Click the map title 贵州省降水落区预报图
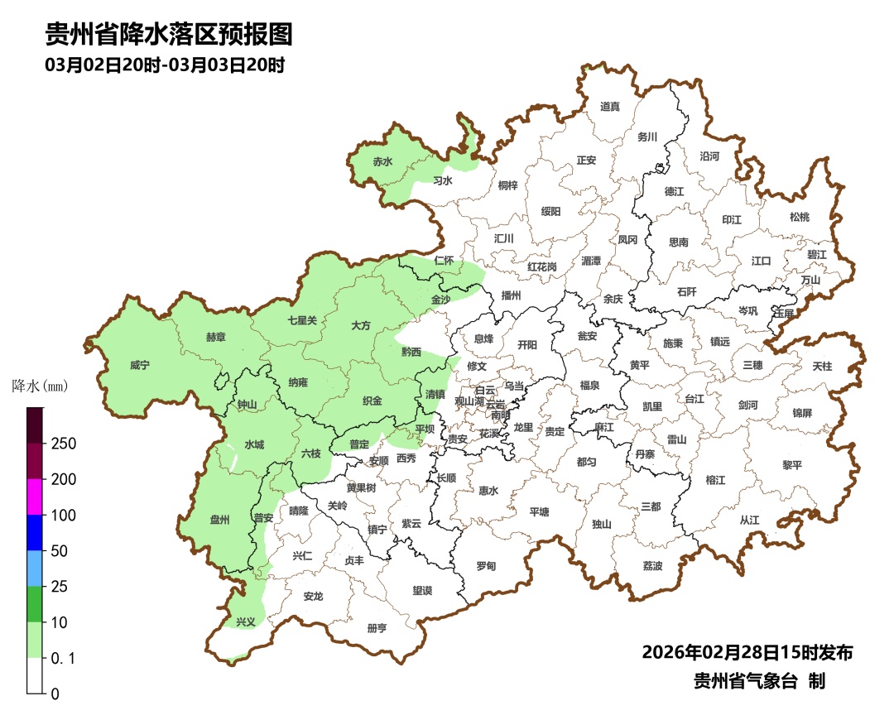169,35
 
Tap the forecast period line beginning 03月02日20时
165,65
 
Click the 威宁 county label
140,365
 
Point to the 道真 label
609,106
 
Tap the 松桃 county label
799,217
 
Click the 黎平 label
792,465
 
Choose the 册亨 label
377,628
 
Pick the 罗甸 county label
486,566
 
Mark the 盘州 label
219,520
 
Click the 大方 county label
361,325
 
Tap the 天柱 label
822,365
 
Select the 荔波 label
652,566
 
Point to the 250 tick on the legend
64,444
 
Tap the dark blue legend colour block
34,532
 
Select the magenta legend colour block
34,497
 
